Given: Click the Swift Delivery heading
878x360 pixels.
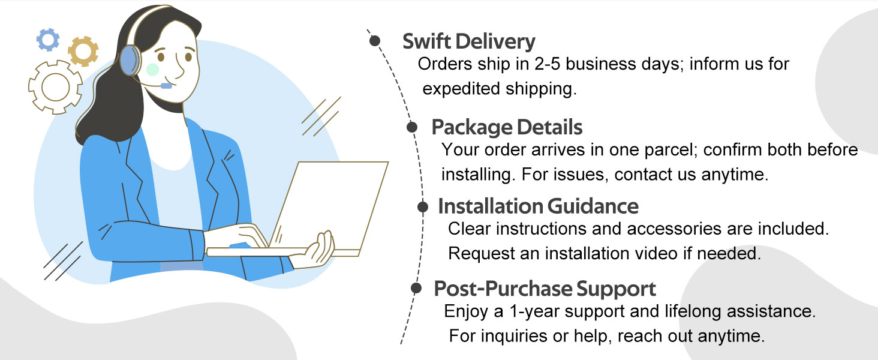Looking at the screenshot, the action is click(x=469, y=41).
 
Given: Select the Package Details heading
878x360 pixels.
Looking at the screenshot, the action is click(x=507, y=127).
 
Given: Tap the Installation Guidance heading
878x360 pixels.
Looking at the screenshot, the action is click(x=538, y=206).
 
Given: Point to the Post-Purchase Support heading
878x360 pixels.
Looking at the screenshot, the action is click(x=545, y=289).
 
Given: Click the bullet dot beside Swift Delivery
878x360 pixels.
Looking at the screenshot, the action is click(x=375, y=40).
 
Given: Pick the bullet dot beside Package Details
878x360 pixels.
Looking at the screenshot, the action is click(x=412, y=127).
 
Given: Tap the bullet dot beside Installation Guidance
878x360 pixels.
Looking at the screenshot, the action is click(x=423, y=206).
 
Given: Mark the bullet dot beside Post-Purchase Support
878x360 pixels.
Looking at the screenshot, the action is click(x=416, y=288).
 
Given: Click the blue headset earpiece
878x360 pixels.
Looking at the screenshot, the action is click(x=130, y=60).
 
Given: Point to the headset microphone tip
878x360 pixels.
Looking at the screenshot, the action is click(x=166, y=86).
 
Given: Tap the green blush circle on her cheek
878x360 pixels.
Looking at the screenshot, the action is click(x=152, y=70).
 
